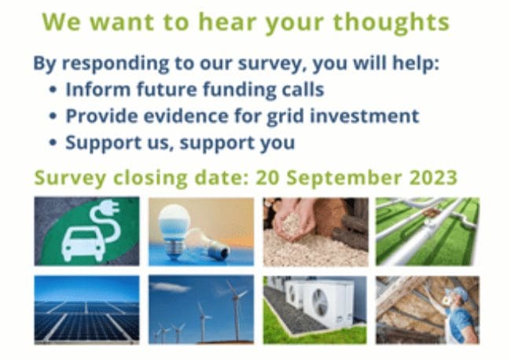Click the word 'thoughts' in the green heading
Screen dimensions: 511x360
point(391,23)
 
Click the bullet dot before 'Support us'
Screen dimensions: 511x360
point(53,142)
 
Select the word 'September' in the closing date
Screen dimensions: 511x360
point(344,178)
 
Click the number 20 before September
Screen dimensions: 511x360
point(268,178)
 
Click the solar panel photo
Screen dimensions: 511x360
point(86,310)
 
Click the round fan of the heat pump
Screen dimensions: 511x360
point(320,303)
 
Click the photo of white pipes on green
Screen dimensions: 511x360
point(428,231)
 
